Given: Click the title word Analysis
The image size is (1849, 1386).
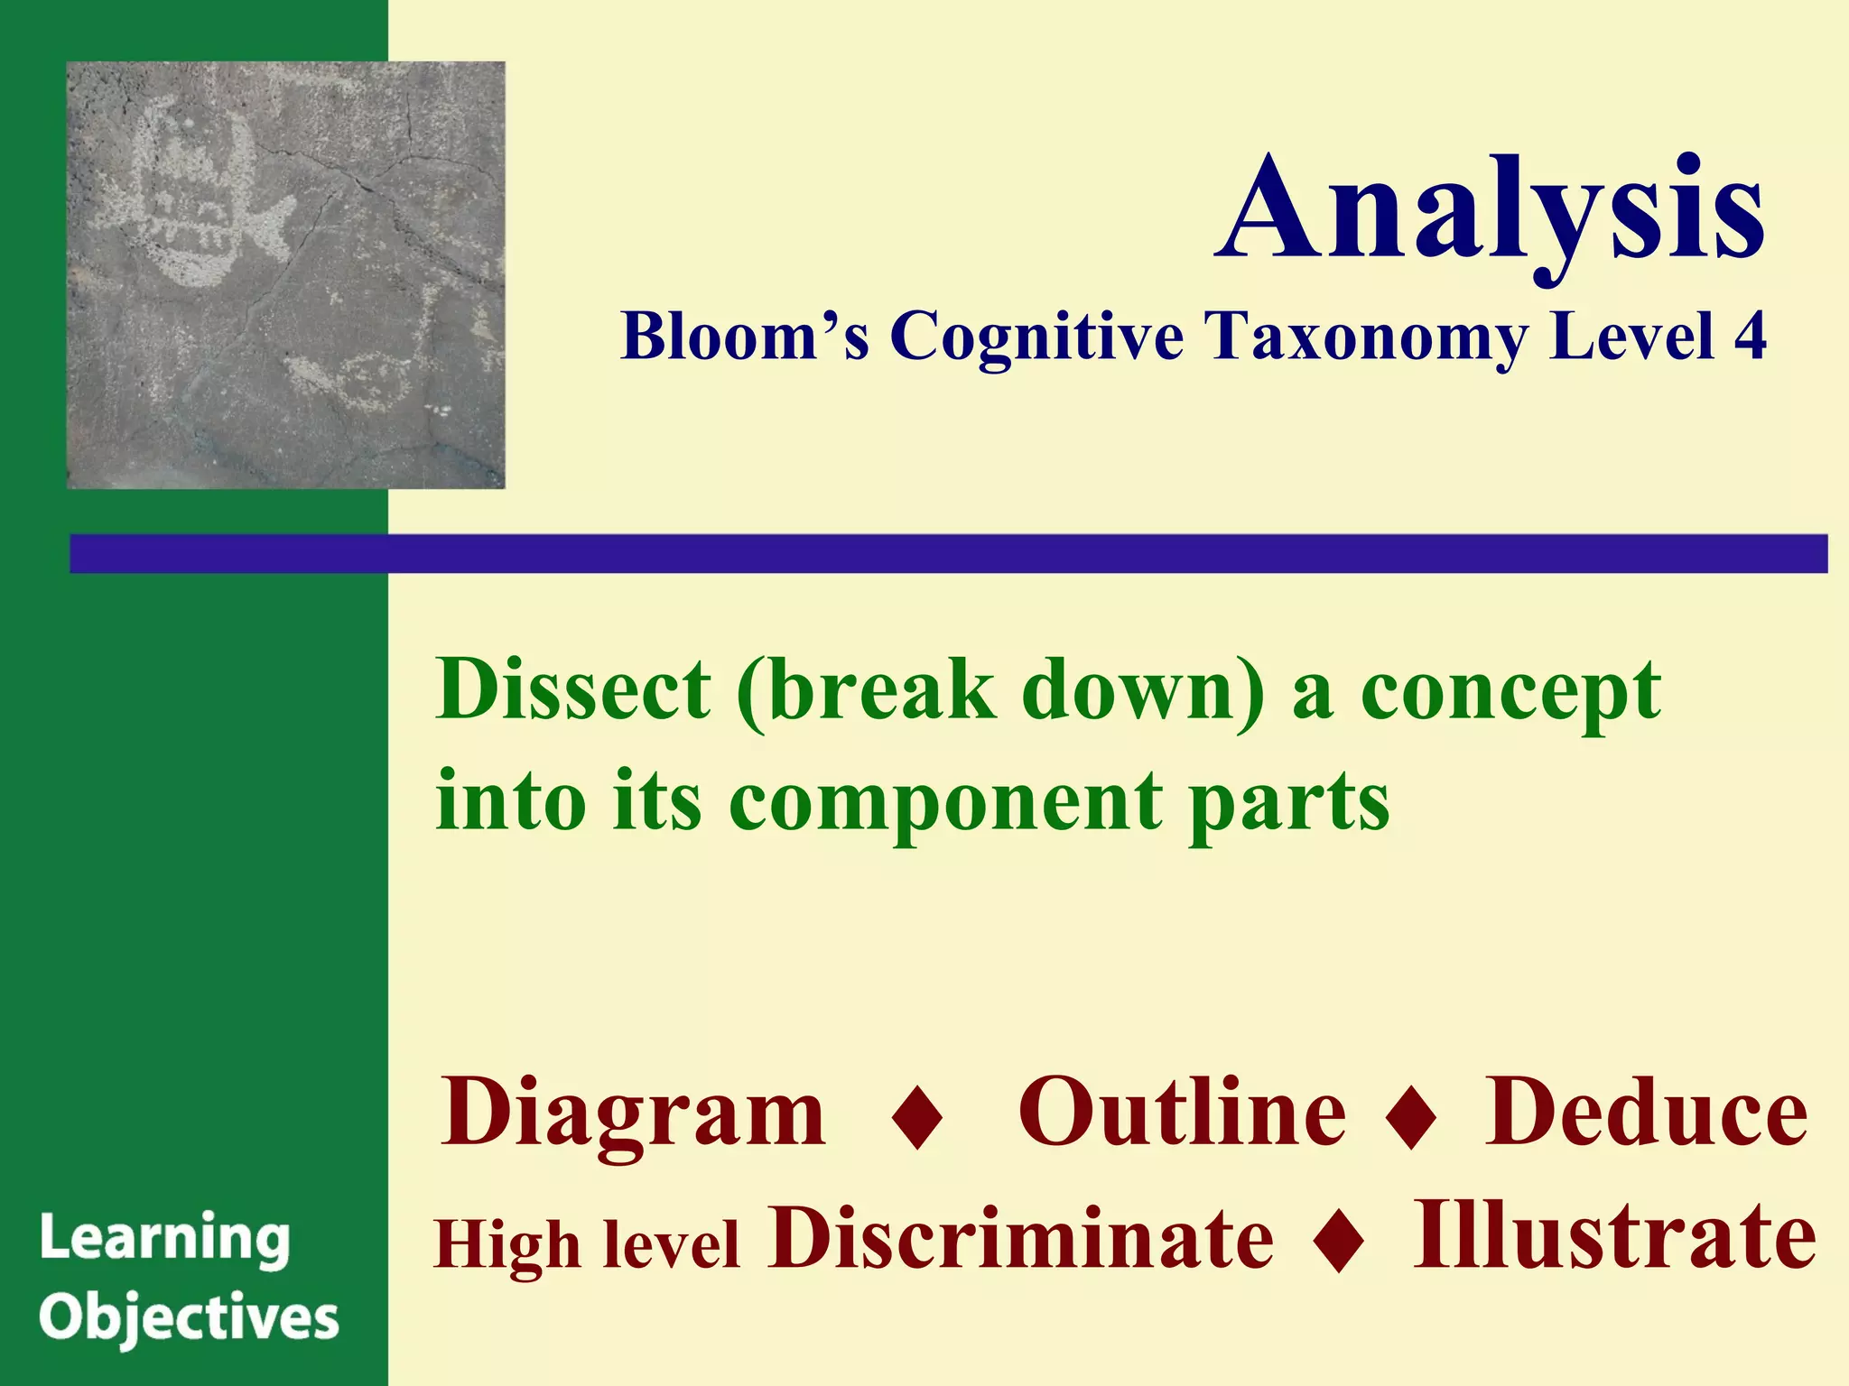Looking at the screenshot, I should (1490, 209).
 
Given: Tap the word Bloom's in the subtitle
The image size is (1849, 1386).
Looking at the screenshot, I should (745, 337).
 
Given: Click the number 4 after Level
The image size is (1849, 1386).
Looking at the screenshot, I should (1749, 336).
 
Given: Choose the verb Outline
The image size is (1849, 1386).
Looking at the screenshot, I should (1182, 1112).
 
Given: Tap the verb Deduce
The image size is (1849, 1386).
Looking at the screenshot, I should (1646, 1112).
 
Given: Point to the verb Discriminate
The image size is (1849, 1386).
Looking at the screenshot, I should (1020, 1238).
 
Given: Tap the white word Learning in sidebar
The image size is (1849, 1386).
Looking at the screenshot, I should (164, 1239).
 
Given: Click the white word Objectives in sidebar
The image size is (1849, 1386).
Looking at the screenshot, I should (189, 1319).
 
